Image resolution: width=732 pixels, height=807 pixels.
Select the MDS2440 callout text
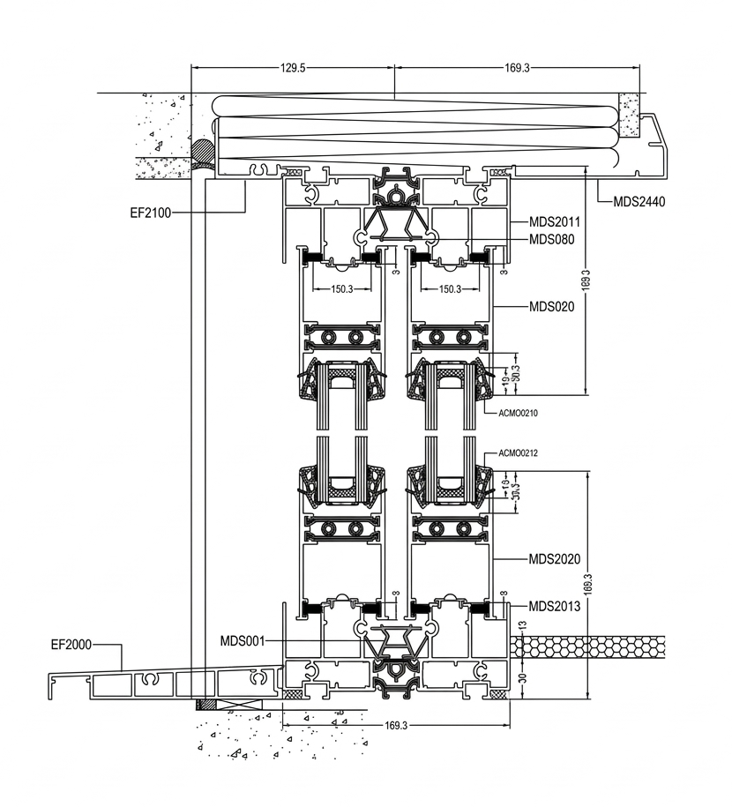639,202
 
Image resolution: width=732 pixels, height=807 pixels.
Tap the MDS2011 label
553,222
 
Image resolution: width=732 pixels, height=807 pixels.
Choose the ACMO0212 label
519,453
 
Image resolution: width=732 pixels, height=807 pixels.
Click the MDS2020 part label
553,559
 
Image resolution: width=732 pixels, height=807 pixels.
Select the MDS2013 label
553,606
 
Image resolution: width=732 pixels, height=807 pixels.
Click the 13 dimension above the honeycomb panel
521,624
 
